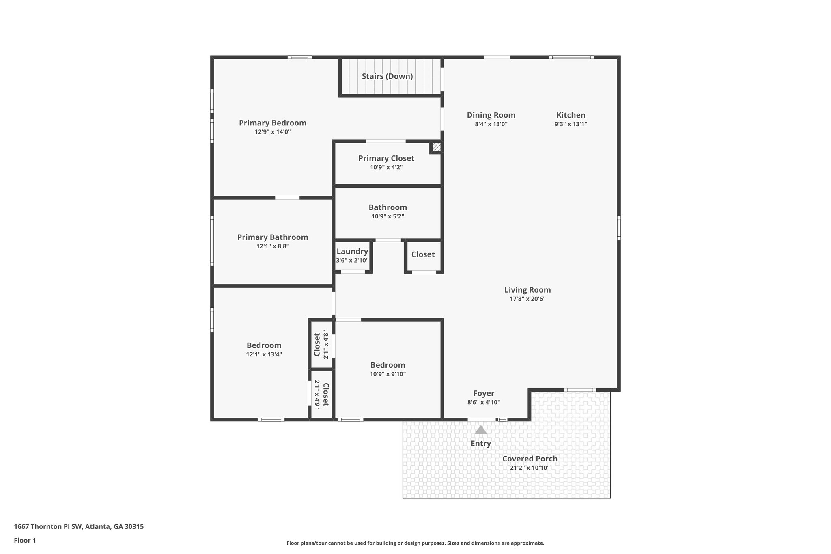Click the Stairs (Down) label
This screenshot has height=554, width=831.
(387, 76)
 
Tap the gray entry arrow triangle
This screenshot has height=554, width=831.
(480, 430)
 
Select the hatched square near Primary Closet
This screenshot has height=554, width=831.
(436, 147)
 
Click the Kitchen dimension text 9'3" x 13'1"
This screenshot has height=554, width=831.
(571, 124)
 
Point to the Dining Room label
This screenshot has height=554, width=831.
(491, 115)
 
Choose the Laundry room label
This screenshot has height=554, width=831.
(352, 252)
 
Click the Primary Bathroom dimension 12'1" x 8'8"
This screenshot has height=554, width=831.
(272, 246)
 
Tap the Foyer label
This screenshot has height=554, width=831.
(483, 393)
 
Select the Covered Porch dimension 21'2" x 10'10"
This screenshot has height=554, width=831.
(530, 468)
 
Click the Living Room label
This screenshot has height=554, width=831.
(527, 290)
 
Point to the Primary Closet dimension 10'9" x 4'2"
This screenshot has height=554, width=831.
(386, 167)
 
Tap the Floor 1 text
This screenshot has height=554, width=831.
(25, 540)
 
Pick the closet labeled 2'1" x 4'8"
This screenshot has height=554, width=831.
(321, 345)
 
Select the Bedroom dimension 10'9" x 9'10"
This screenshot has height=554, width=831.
(388, 374)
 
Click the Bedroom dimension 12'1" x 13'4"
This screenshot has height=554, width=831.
(264, 354)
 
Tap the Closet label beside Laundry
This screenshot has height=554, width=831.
(423, 254)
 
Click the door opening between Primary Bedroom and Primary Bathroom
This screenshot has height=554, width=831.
(287, 198)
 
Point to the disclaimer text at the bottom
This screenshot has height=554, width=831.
(415, 543)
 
